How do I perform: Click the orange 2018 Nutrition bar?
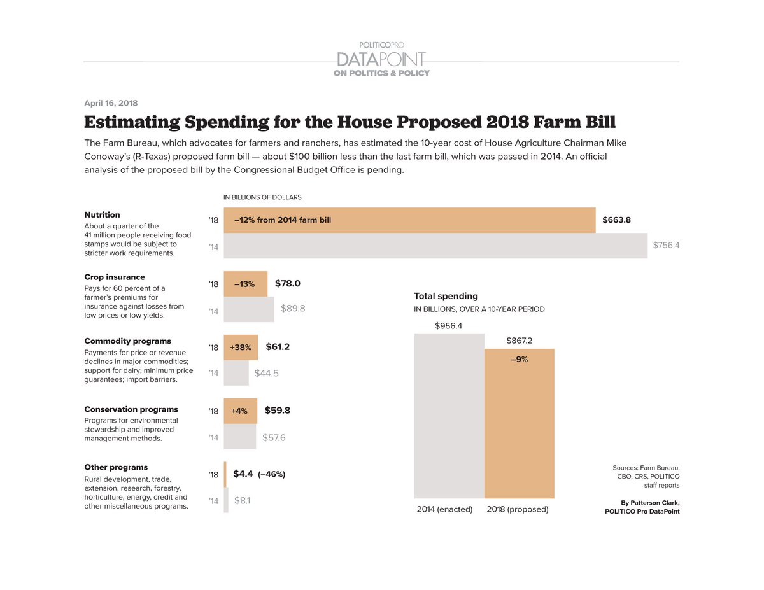[409, 220]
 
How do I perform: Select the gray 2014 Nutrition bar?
[435, 246]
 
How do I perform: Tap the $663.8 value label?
[616, 220]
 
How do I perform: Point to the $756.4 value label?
[666, 245]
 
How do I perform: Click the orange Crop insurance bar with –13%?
[245, 284]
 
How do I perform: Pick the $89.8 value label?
[293, 308]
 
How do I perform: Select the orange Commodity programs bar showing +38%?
[241, 348]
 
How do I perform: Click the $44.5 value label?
[267, 373]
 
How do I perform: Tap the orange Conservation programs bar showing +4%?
[240, 411]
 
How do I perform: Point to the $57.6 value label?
[274, 437]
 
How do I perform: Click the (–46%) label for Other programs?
[271, 474]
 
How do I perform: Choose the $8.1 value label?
[242, 501]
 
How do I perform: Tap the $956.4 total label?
[449, 326]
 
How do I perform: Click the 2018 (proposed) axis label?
[517, 510]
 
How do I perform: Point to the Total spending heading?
[446, 296]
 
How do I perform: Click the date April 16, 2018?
[111, 103]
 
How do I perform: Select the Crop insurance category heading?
[115, 277]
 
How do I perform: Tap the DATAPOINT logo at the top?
[381, 59]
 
